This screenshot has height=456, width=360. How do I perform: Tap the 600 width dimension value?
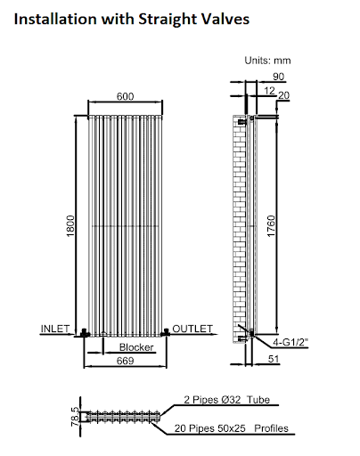coord(125,96)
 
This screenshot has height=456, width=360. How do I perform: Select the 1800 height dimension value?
coord(70,226)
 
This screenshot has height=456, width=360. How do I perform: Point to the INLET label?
coord(55,329)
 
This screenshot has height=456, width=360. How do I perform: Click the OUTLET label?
coord(192,329)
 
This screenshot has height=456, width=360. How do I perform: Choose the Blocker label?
coord(136,347)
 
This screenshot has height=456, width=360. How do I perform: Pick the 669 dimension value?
coord(125,361)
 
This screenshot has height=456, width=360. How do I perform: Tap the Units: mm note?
coord(267,61)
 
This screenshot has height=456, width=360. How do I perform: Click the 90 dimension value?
coord(278,77)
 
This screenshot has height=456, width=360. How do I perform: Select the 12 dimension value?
coord(269,91)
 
